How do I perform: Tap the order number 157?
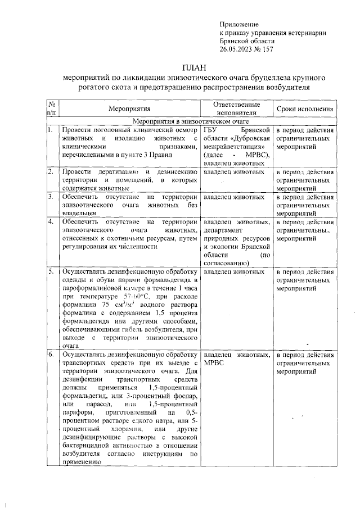(x=267, y=49)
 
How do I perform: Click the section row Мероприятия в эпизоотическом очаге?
(x=190, y=121)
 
